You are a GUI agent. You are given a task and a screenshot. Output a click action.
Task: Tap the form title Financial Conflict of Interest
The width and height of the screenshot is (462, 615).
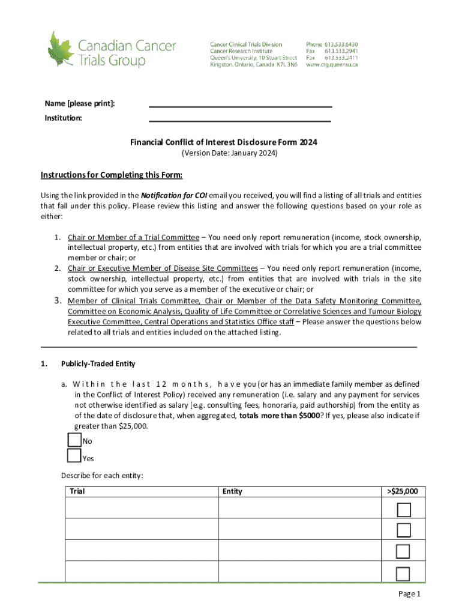pos(224,142)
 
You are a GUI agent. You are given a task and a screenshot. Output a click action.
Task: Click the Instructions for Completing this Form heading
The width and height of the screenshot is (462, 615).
pos(111,175)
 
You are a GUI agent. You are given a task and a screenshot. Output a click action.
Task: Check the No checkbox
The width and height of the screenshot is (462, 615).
pos(74,440)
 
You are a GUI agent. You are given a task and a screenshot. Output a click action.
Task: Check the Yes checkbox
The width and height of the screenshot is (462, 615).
pos(74,456)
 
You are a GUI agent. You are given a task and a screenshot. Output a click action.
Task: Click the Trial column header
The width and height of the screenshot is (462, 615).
pos(77,491)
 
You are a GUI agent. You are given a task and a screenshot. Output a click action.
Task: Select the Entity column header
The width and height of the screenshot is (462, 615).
pos(232,491)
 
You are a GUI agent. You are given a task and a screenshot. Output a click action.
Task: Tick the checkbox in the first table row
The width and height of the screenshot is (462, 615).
pos(404,510)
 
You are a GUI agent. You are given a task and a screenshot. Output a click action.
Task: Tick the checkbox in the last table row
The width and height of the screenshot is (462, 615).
pos(404,573)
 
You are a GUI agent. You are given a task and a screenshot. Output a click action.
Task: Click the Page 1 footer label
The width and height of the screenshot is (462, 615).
pos(410,594)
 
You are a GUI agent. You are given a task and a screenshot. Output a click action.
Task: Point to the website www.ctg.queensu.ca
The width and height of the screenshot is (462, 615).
pos(332,64)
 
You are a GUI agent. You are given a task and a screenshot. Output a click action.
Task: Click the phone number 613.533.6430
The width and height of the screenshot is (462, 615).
pos(341,44)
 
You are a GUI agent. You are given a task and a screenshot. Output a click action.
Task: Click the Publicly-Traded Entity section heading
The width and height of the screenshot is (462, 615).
pos(98,363)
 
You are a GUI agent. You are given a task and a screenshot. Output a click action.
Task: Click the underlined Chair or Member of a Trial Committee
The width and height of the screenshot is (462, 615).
pos(133,237)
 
